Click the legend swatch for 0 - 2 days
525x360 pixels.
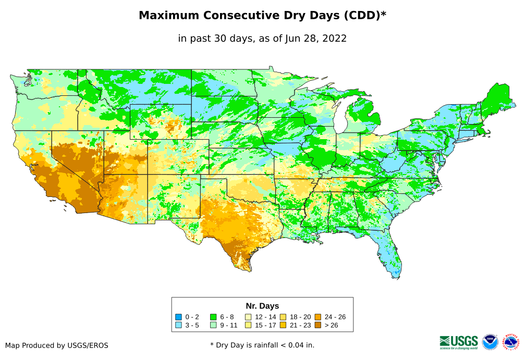178,317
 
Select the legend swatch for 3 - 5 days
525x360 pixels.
178,325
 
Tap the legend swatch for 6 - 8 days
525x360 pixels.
213,317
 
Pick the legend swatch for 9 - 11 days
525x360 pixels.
213,325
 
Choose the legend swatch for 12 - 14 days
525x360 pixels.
248,317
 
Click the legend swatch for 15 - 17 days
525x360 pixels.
248,325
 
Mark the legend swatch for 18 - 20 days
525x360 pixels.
283,317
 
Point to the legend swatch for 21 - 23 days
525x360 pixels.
283,325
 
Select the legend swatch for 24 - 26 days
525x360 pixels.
318,317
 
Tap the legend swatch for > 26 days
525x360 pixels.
318,325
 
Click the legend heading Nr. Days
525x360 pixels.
262,306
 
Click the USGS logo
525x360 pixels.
459,341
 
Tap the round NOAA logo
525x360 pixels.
490,342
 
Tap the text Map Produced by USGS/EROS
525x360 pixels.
57,345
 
